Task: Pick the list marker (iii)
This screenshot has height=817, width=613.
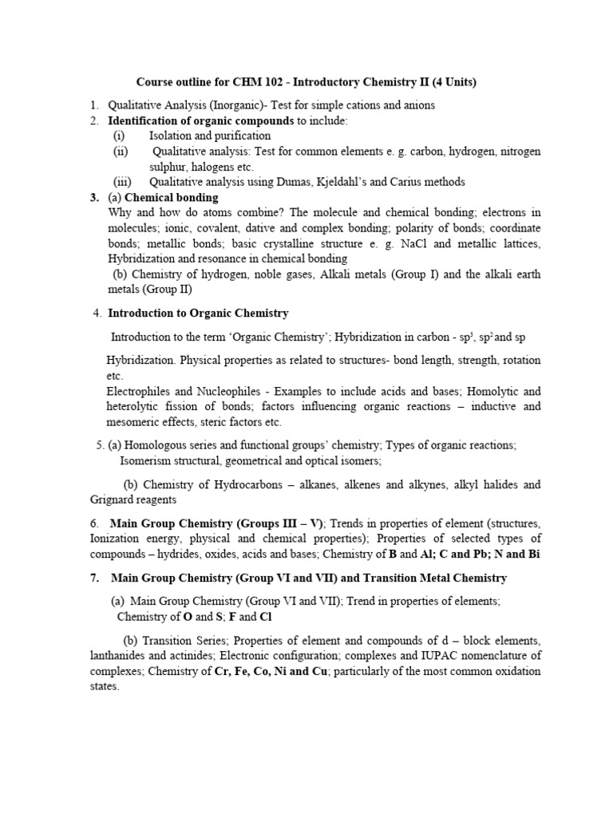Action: (x=121, y=182)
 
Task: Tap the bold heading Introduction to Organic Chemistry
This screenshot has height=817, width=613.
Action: (x=198, y=313)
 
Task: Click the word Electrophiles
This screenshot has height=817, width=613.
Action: (x=139, y=391)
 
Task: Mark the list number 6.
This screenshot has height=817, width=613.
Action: (x=94, y=523)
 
